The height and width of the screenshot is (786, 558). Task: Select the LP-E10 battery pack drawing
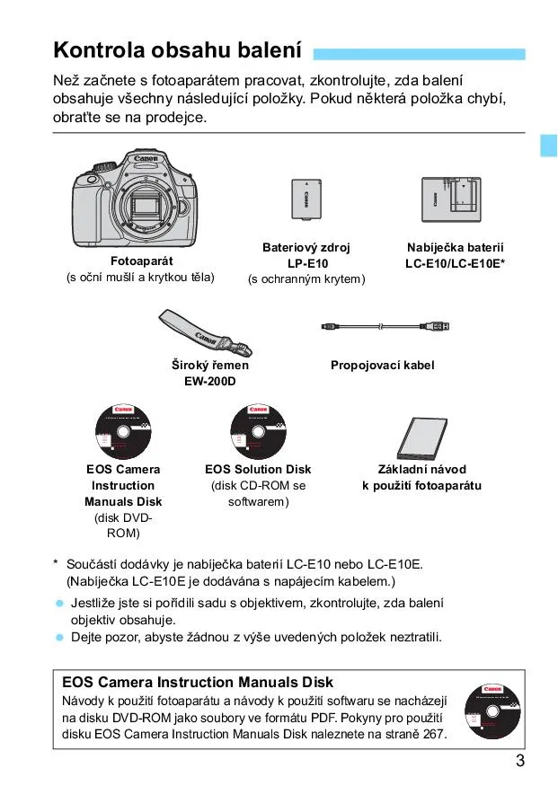click(306, 199)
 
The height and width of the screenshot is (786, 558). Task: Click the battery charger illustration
click(455, 199)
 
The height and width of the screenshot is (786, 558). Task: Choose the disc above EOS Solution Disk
click(259, 428)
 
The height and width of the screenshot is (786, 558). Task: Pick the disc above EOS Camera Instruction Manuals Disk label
click(124, 428)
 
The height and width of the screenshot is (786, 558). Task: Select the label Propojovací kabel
click(382, 366)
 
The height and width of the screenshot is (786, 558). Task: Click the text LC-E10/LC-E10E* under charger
click(455, 263)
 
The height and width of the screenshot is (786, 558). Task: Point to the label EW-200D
click(210, 382)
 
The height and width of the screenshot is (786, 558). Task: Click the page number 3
click(519, 762)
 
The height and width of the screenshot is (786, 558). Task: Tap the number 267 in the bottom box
click(431, 734)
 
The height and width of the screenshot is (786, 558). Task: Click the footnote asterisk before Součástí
click(56, 564)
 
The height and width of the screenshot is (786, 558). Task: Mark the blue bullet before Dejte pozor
click(59, 638)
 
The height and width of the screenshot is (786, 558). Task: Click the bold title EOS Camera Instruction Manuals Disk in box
click(197, 682)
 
